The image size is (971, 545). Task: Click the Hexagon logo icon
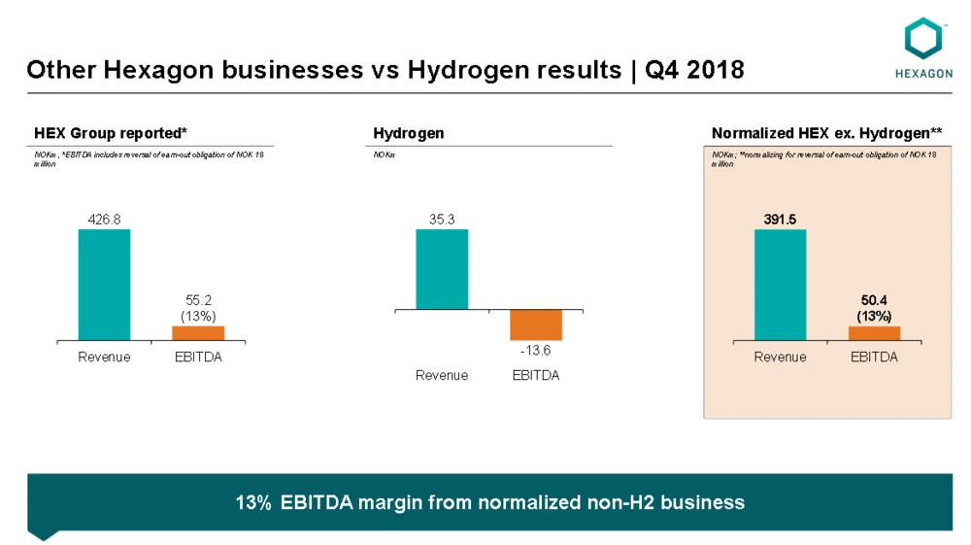[x=922, y=38]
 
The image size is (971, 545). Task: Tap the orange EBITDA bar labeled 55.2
[x=197, y=332]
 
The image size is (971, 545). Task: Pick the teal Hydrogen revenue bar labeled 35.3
[x=442, y=269]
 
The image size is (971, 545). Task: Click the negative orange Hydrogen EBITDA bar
[x=536, y=324]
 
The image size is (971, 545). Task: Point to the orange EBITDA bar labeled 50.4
[x=874, y=333]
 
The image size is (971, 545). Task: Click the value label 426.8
[x=104, y=220]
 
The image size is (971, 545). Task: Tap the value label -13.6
[x=536, y=350]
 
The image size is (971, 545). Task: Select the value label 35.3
[x=442, y=220]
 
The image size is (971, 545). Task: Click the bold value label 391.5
[x=780, y=220]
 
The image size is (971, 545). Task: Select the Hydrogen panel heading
[x=409, y=133]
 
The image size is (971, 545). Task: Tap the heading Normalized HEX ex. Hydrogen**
[x=826, y=133]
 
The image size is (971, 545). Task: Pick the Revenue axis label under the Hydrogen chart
[x=442, y=375]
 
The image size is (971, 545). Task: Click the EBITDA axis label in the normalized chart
[x=874, y=357]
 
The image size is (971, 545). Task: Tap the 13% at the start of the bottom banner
[x=252, y=502]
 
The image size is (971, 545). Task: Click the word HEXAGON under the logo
[x=922, y=72]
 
